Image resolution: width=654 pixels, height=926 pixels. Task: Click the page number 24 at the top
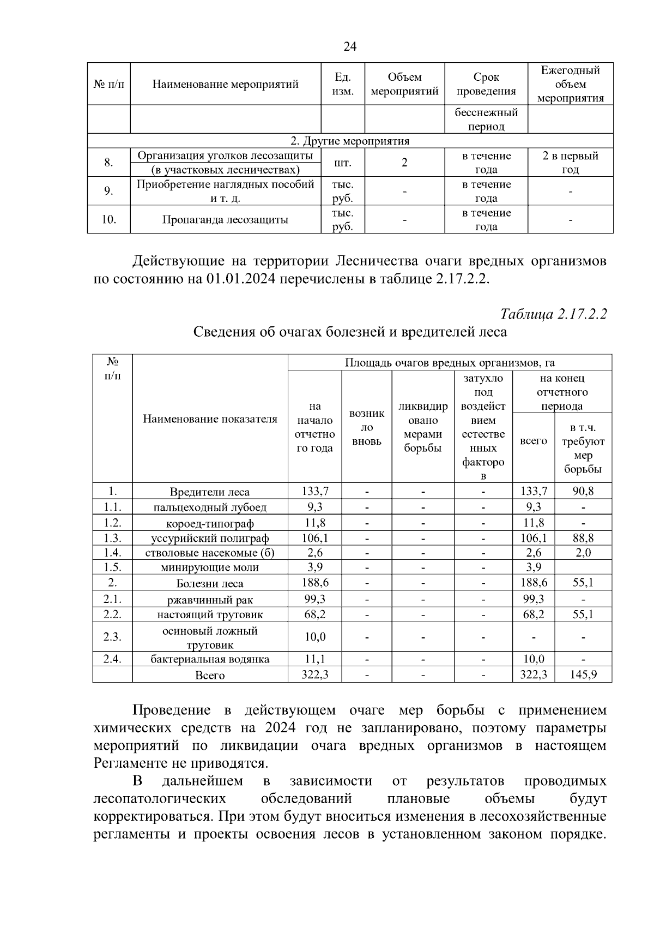point(350,47)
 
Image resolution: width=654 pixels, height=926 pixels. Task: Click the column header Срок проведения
point(486,84)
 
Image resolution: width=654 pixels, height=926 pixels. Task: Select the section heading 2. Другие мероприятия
point(350,141)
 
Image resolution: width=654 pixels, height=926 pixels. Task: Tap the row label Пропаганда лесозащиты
point(225,220)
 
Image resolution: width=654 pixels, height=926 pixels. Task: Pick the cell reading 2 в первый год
point(570,163)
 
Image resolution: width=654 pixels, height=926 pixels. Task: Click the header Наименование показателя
point(210,419)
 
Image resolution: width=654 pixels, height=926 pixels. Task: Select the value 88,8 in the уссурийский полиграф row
point(583,538)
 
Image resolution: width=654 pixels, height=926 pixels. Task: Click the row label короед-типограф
point(210,524)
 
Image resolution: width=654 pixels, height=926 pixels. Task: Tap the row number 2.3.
point(112,637)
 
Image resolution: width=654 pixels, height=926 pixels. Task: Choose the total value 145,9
point(583,675)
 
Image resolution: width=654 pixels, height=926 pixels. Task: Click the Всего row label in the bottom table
point(210,676)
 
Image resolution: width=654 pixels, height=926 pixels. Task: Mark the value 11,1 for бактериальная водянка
point(314,659)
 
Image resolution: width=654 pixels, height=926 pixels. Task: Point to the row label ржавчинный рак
point(210,600)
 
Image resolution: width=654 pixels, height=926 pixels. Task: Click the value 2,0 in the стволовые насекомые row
point(583,553)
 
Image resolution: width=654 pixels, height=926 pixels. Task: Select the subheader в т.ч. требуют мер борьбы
point(583,449)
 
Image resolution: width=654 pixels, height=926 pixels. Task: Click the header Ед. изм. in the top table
point(342,84)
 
